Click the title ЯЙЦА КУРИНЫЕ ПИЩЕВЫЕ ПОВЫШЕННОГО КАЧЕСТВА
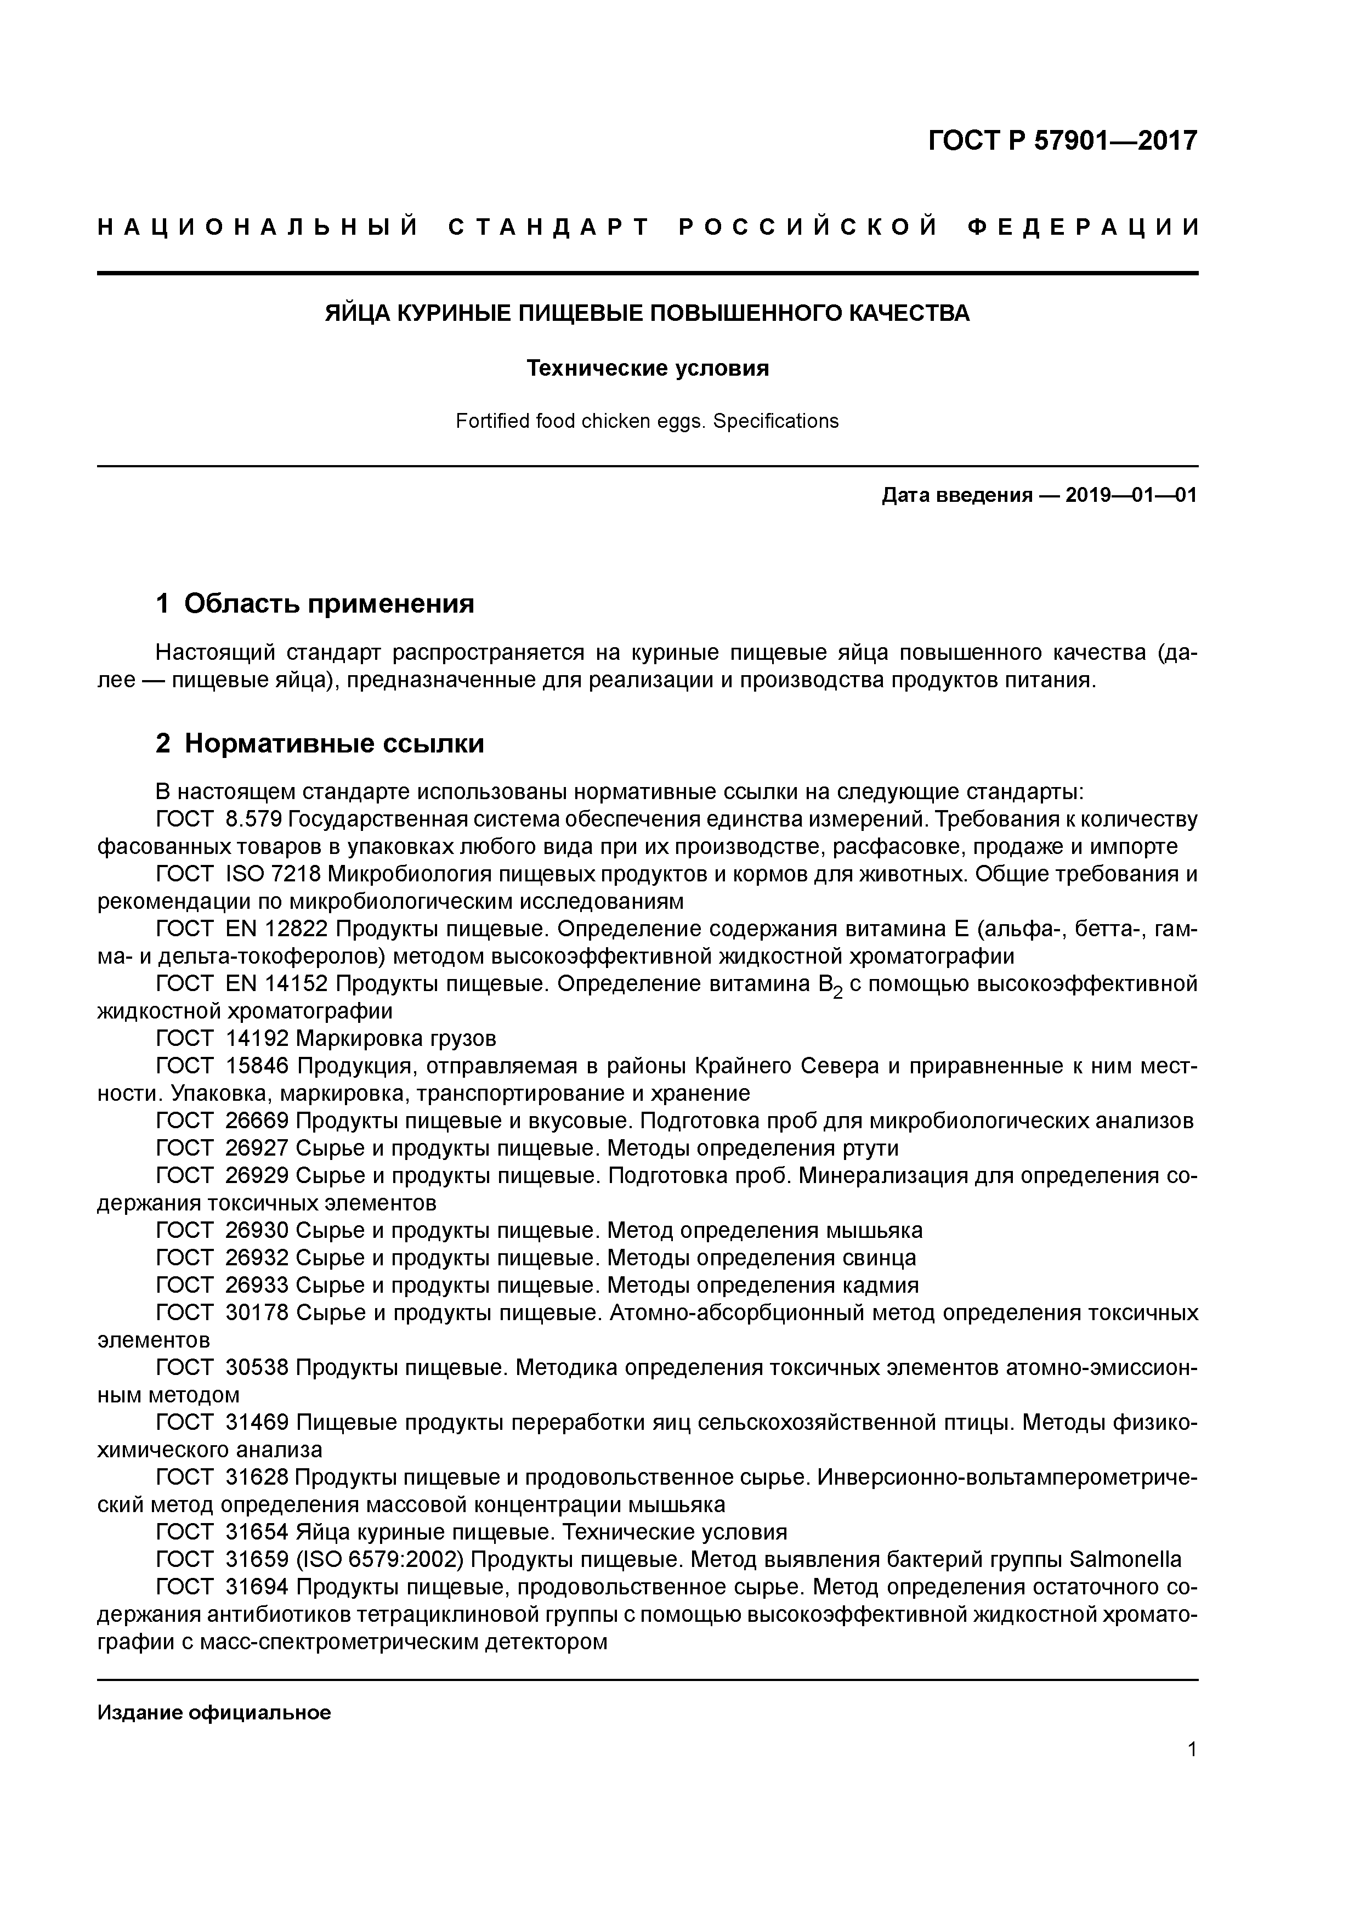pos(647,313)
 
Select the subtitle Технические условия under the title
pos(647,369)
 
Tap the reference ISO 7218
pos(273,874)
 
